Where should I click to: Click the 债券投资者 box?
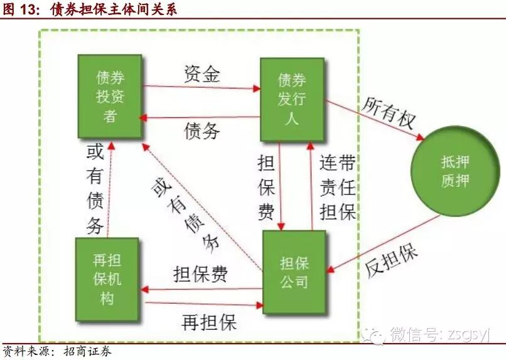(110, 97)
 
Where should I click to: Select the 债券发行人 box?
(292, 98)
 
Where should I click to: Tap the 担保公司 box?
(294, 272)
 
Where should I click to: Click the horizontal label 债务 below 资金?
(202, 130)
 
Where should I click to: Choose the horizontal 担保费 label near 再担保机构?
(200, 275)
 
